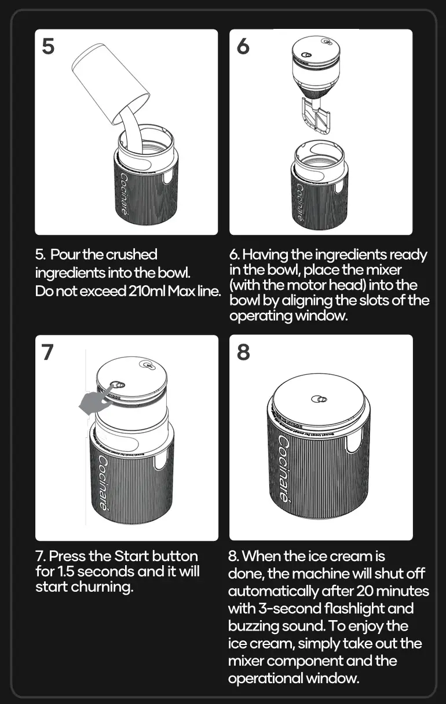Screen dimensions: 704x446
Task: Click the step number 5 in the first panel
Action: click(x=49, y=46)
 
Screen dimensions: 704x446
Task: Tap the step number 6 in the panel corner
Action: click(x=243, y=46)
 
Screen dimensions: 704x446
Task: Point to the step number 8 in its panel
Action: click(x=243, y=352)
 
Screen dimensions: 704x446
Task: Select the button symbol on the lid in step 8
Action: click(x=319, y=399)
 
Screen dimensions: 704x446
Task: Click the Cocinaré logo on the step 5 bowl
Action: click(x=124, y=193)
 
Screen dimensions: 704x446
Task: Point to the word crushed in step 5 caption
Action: click(x=132, y=255)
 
